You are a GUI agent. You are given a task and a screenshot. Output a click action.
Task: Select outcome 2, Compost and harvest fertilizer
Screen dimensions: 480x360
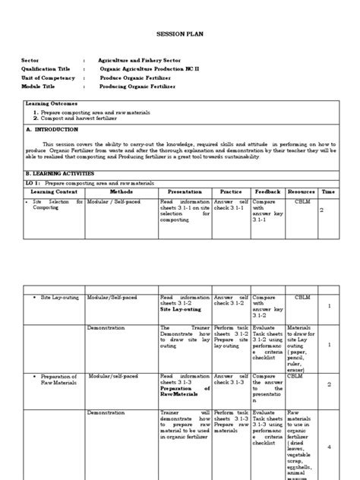pyautogui.click(x=90, y=118)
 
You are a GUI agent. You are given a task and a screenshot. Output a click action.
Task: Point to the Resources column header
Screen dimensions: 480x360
pyautogui.click(x=301, y=192)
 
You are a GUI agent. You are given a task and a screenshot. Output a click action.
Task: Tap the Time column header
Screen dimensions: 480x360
pyautogui.click(x=328, y=192)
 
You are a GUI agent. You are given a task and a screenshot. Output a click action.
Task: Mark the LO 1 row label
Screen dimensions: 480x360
pyautogui.click(x=81, y=183)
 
